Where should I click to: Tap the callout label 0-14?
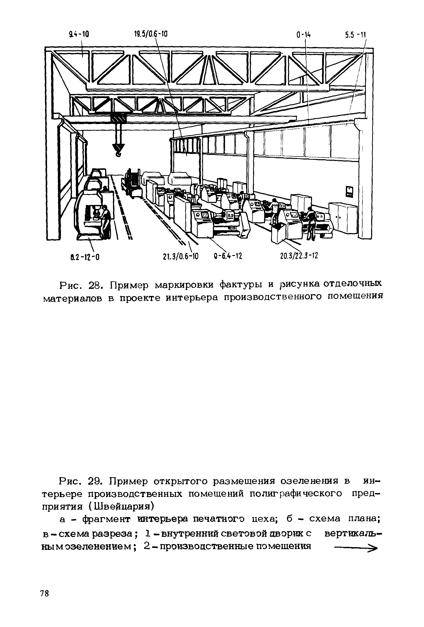pos(303,35)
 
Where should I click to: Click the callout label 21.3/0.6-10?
pos(181,257)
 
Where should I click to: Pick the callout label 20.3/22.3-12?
pos(299,255)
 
